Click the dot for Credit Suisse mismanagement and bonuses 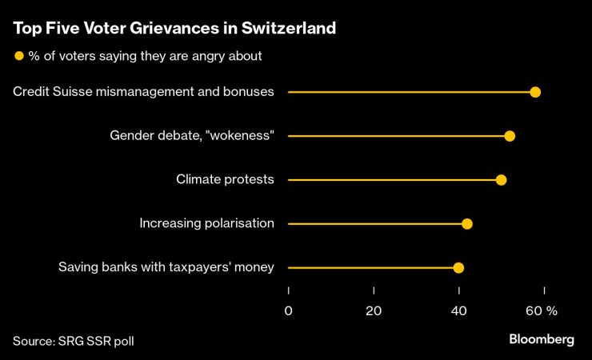coord(535,92)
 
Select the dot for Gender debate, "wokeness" coord(510,136)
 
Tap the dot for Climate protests coord(501,180)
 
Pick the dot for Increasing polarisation coord(467,224)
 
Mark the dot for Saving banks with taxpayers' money coord(458,268)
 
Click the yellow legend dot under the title coord(18,56)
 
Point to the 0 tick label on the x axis coord(288,310)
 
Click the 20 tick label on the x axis coord(374,310)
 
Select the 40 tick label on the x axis coord(459,310)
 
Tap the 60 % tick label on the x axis coord(542,310)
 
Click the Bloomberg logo coord(542,339)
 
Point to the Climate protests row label coord(225,180)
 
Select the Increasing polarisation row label coord(206,224)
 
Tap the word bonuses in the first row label coord(248,92)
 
